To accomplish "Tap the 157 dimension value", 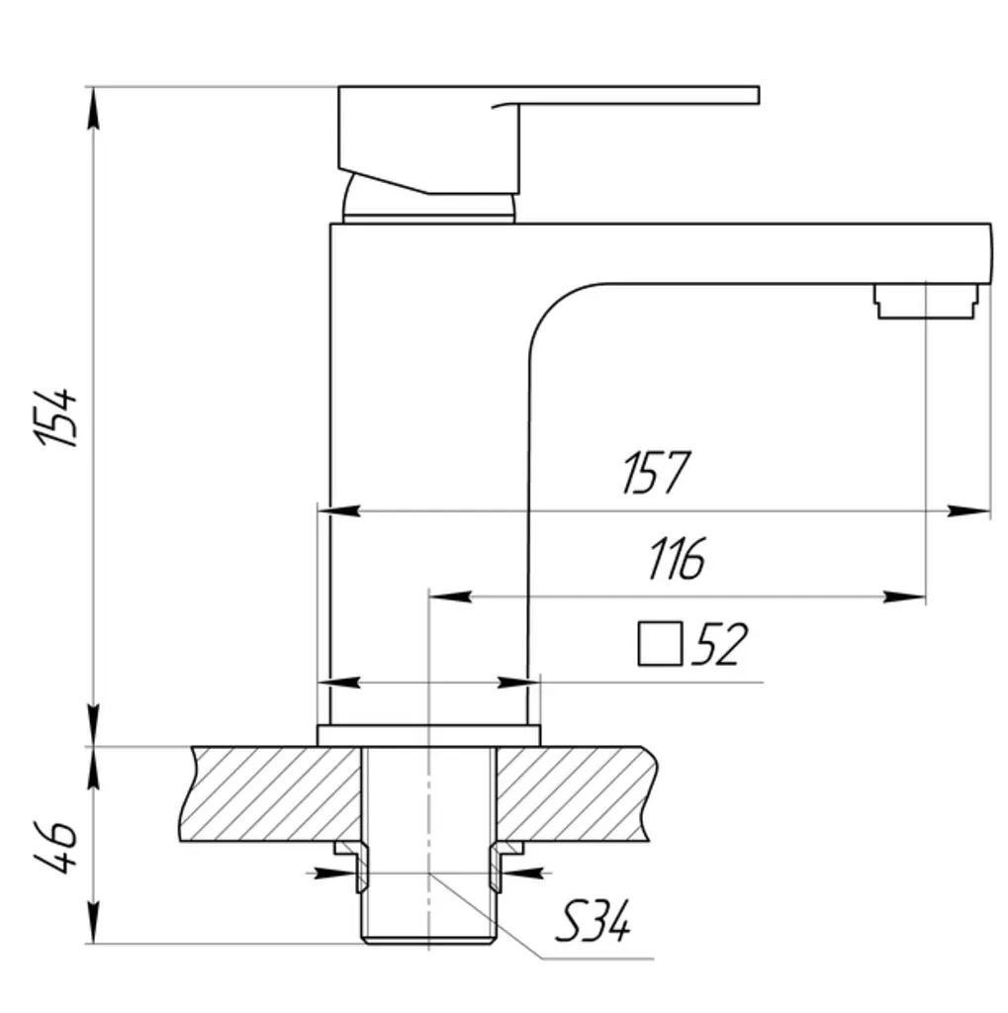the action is point(656,472).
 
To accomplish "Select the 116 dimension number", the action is point(677,558).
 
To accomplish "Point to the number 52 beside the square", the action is point(719,643).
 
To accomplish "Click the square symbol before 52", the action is point(660,643).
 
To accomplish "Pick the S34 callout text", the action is point(592,922).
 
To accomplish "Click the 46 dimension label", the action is point(56,847).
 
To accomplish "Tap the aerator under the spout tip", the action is point(926,301).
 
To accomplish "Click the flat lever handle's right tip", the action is point(758,95).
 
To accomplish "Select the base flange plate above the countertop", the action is point(428,736).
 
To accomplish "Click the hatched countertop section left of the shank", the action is point(271,794).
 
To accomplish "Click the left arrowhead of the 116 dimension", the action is point(450,597).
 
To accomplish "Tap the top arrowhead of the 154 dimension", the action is point(94,108).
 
